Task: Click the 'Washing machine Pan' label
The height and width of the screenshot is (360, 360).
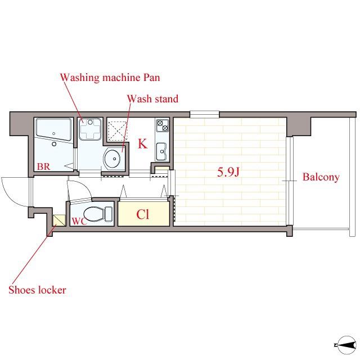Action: click(110, 78)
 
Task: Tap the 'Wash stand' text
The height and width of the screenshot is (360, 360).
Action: click(152, 99)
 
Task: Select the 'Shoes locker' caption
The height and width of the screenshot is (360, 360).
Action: click(38, 290)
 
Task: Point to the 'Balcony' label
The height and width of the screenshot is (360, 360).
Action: click(321, 177)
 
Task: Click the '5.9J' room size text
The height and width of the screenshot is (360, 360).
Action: click(228, 172)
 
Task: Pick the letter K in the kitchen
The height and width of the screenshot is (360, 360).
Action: click(142, 144)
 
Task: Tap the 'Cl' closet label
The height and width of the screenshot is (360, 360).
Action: click(142, 214)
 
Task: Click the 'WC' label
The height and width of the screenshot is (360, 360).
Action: click(79, 221)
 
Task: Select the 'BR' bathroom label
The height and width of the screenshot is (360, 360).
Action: click(44, 166)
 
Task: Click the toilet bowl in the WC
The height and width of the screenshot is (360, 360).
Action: click(98, 214)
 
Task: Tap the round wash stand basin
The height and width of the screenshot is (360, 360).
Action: click(112, 159)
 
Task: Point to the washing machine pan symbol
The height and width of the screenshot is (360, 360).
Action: click(90, 129)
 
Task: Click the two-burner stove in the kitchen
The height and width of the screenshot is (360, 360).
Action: click(163, 125)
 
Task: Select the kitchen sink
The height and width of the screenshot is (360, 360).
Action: click(161, 151)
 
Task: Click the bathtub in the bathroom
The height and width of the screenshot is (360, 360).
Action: click(54, 129)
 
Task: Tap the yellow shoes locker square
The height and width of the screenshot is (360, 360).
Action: click(59, 220)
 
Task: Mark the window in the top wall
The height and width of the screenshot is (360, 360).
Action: click(205, 114)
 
